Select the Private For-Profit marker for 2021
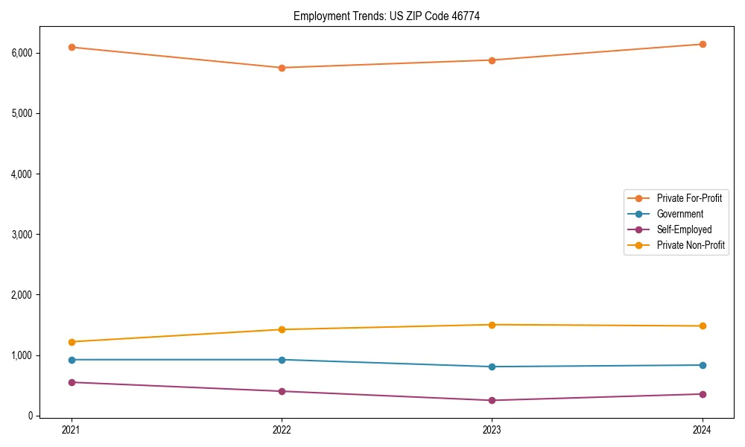click(72, 47)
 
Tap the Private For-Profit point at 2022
click(282, 68)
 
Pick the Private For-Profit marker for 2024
click(703, 44)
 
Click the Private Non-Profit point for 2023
click(492, 325)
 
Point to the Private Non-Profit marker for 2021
click(72, 342)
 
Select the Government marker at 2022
click(282, 360)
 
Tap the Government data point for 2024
click(703, 365)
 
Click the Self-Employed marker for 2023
click(492, 400)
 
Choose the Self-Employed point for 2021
click(72, 382)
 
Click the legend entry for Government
click(679, 214)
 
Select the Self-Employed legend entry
click(684, 229)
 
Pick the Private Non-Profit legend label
click(691, 245)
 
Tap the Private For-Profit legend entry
click(689, 198)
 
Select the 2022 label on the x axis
click(282, 430)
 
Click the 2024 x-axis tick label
click(703, 430)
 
